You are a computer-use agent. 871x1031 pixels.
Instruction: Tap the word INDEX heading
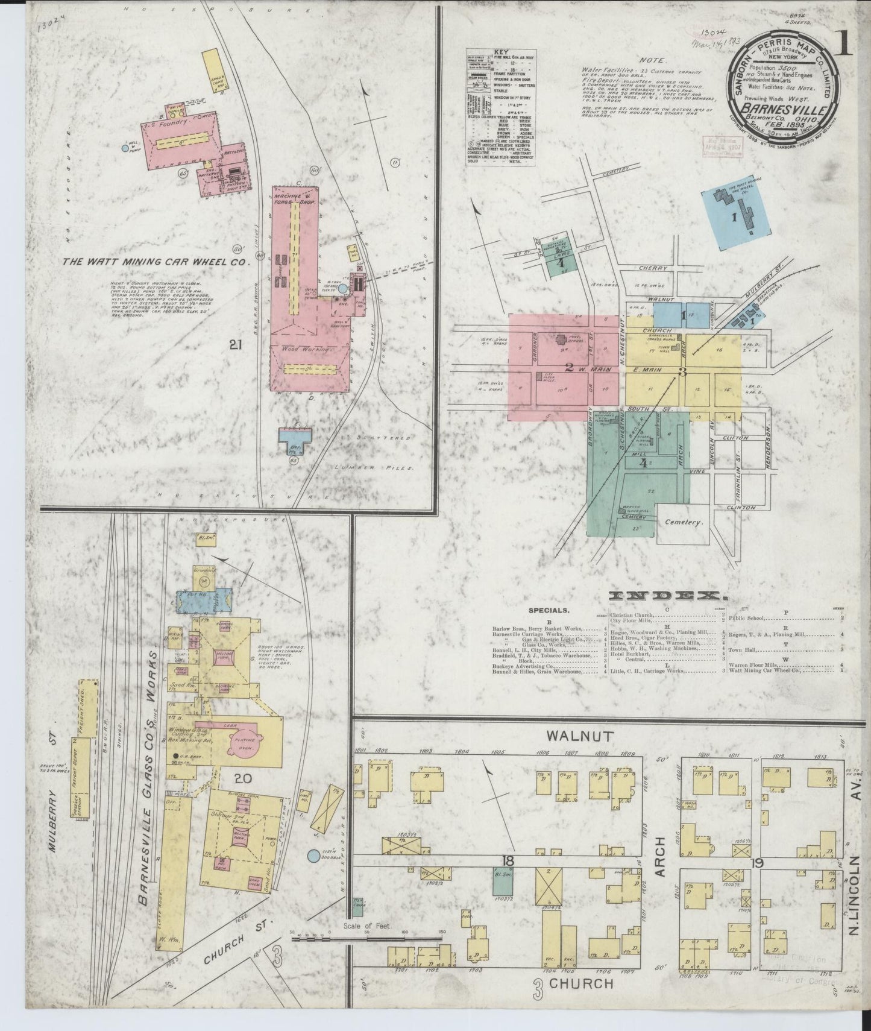[667, 596]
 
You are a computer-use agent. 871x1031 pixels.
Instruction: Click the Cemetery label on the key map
[684, 523]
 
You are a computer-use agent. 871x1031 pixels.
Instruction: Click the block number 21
[236, 345]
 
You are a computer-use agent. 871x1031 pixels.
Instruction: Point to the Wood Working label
[308, 348]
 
